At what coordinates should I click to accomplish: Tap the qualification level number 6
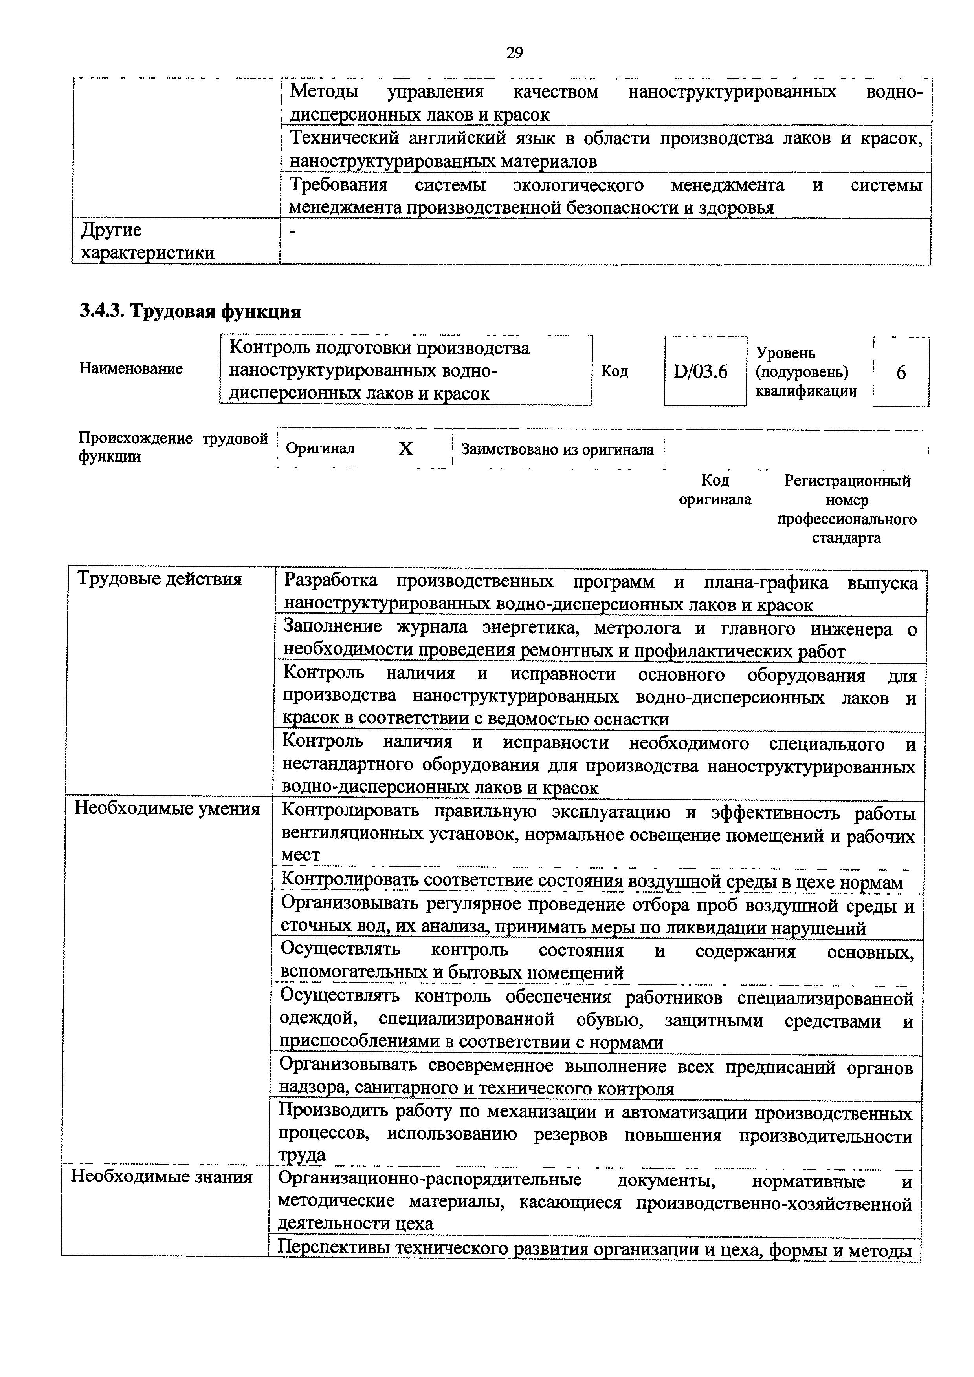pos(901,373)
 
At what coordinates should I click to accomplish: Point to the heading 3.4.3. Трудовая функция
pos(190,311)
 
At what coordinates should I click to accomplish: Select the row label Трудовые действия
pos(160,579)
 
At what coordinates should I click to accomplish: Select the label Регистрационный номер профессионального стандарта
pos(847,509)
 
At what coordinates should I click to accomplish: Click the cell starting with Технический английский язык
pos(605,149)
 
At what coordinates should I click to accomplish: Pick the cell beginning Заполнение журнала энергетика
pos(600,639)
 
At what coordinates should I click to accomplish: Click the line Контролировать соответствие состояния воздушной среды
pos(592,882)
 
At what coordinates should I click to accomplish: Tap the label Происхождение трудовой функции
pos(173,447)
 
